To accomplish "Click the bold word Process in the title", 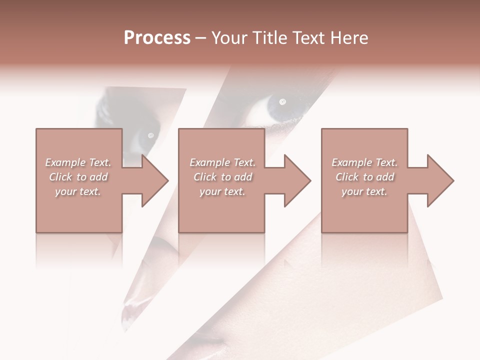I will click(x=157, y=38).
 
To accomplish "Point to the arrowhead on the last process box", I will click(x=439, y=180).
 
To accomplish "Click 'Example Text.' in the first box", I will click(x=78, y=162).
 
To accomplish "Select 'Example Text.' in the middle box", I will click(x=222, y=162).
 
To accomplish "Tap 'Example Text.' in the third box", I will click(x=364, y=162).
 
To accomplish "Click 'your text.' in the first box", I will click(x=78, y=191).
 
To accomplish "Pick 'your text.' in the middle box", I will click(x=222, y=191).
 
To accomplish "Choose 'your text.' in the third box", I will click(x=364, y=191).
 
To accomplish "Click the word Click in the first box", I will click(x=60, y=177).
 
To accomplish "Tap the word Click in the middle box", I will click(x=205, y=177).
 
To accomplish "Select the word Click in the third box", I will click(x=347, y=177).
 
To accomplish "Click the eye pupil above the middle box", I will click(x=282, y=102).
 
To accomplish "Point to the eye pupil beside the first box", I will click(x=150, y=135).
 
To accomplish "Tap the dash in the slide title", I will click(x=200, y=38).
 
